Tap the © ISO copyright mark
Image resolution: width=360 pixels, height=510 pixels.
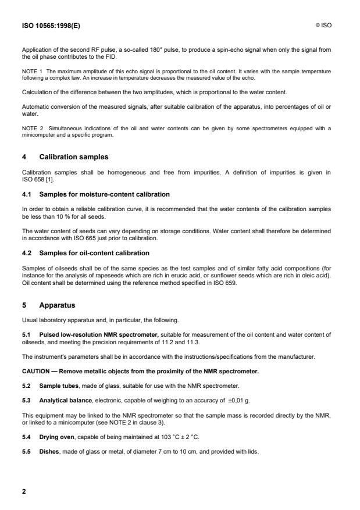(x=323, y=25)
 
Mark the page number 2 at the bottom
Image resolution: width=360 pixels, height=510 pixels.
(x=24, y=491)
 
